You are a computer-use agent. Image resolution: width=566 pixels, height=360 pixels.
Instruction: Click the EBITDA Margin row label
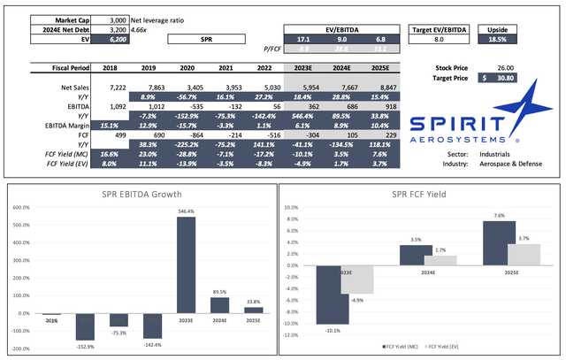75,126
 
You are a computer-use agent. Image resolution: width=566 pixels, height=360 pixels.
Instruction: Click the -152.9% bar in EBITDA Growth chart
86,326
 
